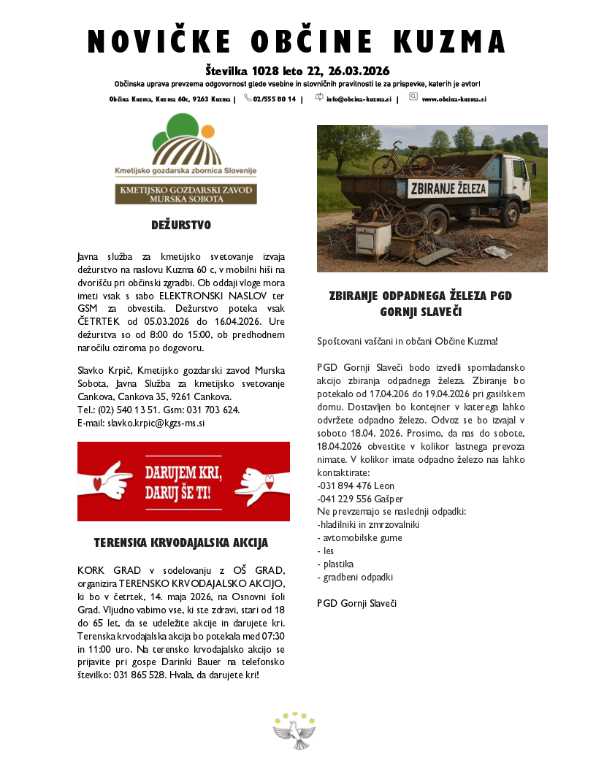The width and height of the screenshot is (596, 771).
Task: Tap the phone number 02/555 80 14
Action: click(x=274, y=99)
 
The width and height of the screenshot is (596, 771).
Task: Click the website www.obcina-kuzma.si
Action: click(x=454, y=99)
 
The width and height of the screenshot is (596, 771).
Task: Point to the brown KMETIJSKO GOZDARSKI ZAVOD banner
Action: click(x=186, y=193)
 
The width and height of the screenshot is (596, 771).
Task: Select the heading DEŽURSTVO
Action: click(x=181, y=225)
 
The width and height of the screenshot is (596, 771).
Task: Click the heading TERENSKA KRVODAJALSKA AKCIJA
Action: click(x=181, y=543)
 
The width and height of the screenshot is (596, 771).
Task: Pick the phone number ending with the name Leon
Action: click(x=356, y=486)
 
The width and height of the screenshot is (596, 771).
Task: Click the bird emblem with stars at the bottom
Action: click(x=294, y=731)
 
